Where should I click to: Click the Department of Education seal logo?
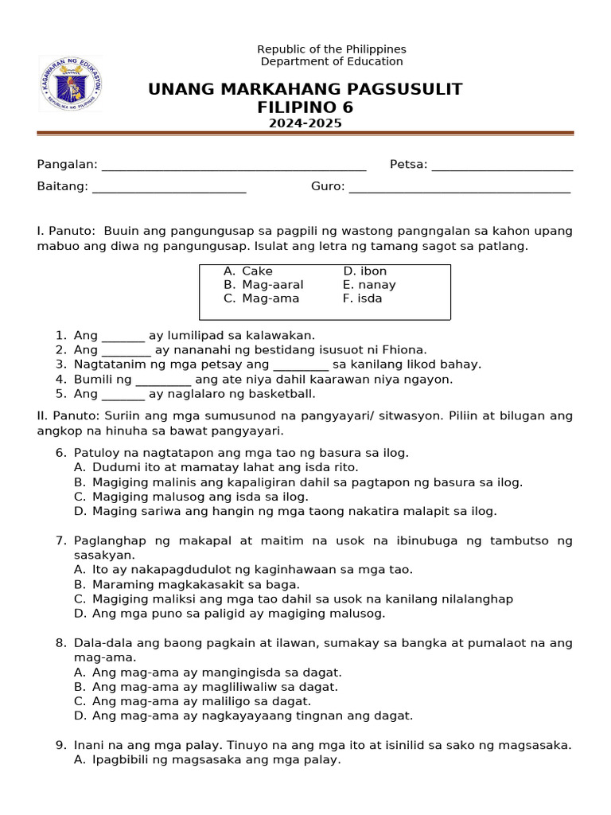(71, 83)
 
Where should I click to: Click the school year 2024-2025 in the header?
(305, 123)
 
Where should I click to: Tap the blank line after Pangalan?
(234, 166)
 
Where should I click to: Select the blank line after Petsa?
(502, 166)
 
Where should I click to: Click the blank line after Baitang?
(169, 189)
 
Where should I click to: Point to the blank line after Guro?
(459, 189)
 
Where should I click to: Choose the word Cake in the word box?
(257, 271)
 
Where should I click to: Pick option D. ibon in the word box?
(364, 271)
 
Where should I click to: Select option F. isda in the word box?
(362, 298)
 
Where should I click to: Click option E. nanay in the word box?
(369, 285)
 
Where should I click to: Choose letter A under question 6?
(80, 468)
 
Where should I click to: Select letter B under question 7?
(80, 584)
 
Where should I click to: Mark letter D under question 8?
(80, 716)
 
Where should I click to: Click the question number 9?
(60, 746)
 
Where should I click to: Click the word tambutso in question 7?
(524, 541)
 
